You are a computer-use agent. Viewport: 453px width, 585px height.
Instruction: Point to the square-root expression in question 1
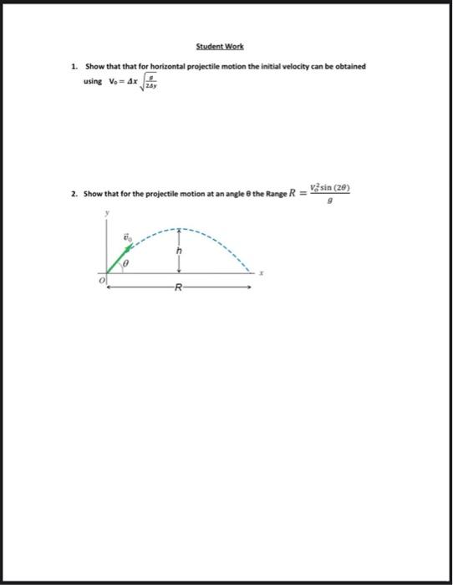coord(150,82)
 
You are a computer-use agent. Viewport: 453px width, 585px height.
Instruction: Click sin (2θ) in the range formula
coord(335,189)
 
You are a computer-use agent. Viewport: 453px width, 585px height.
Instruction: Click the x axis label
coord(261,272)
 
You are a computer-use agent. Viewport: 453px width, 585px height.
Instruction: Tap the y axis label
coord(107,214)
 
